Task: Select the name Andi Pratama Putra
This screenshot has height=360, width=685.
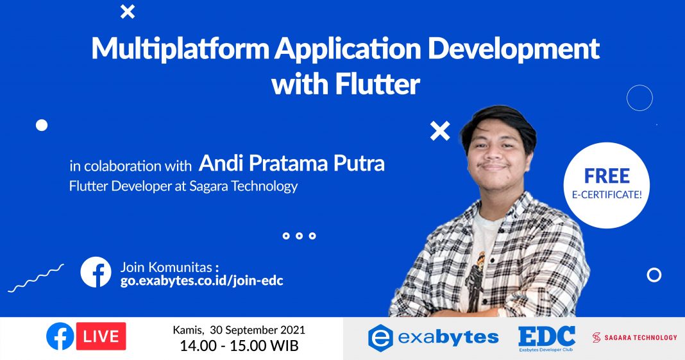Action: click(292, 163)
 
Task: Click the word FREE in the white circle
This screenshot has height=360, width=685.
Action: click(607, 175)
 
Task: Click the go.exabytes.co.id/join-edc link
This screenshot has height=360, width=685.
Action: click(202, 280)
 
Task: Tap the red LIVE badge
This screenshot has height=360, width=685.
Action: click(101, 336)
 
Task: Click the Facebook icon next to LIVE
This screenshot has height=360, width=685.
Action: click(60, 336)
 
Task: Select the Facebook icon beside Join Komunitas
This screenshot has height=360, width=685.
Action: click(96, 272)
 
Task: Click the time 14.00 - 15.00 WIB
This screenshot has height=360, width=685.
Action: click(239, 347)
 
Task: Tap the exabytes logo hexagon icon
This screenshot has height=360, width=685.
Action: click(380, 338)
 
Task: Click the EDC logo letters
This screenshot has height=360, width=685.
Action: click(546, 336)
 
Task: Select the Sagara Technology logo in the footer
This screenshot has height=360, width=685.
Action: click(634, 337)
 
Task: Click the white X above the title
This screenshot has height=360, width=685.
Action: click(128, 11)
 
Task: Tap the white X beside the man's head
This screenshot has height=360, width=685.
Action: click(440, 131)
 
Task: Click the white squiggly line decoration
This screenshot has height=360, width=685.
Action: click(35, 278)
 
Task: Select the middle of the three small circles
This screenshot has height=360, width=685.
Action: click(299, 236)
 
